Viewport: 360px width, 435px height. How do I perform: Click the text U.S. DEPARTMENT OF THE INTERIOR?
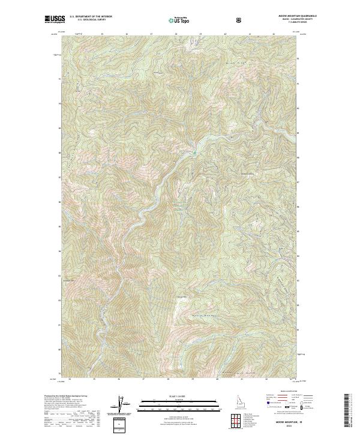click(x=89, y=17)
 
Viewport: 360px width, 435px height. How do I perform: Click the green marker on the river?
click(x=194, y=152)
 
